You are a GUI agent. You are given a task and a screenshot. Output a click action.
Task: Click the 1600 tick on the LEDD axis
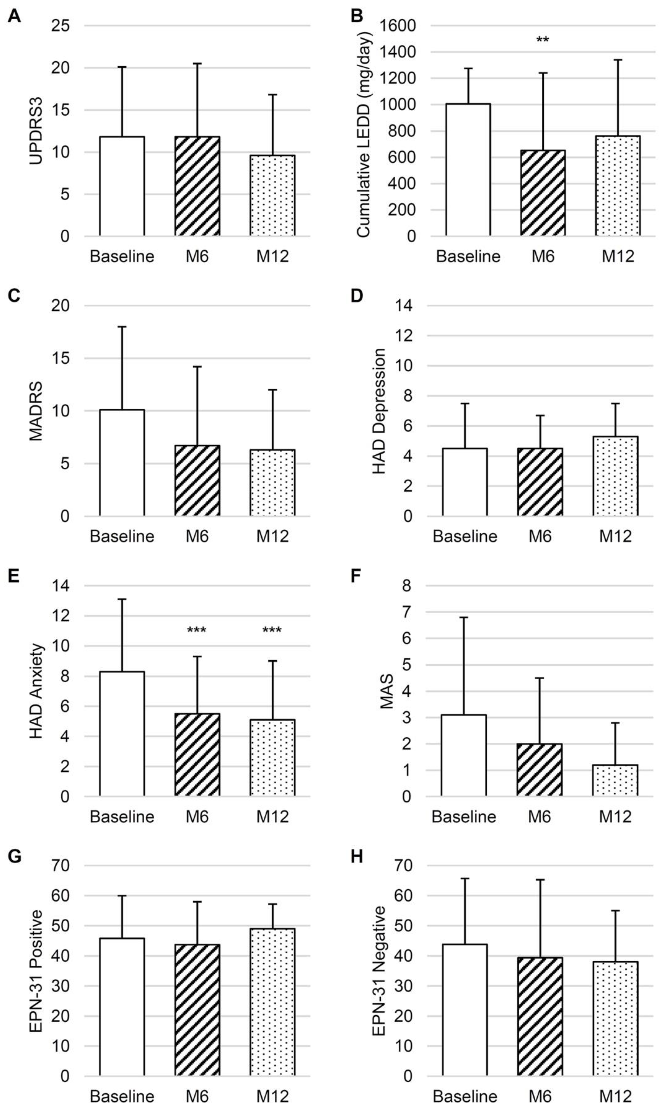pyautogui.click(x=398, y=26)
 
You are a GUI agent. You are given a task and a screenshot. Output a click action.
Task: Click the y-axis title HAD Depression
pyautogui.click(x=379, y=411)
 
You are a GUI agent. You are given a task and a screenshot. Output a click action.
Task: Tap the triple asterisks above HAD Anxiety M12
pyautogui.click(x=272, y=631)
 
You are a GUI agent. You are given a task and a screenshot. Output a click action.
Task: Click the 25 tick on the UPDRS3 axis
pyautogui.click(x=61, y=26)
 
